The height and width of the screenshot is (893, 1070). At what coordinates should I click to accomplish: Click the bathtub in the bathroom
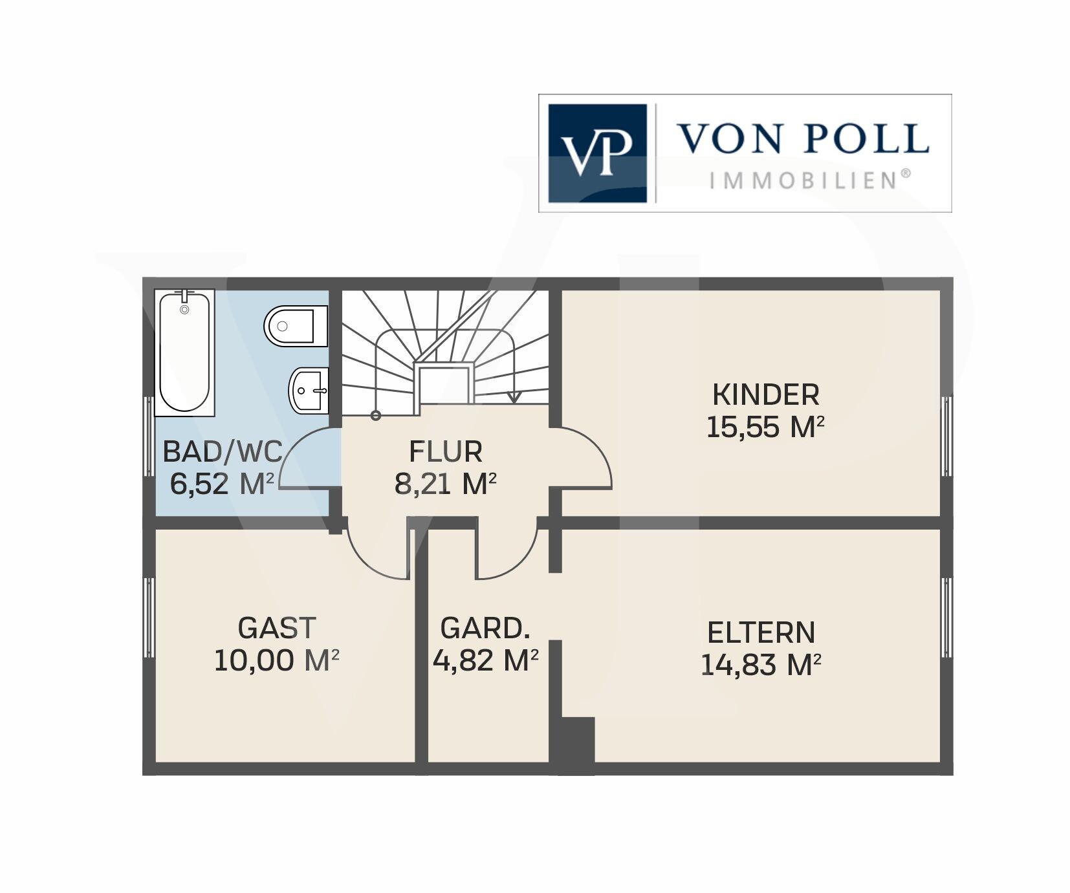(x=184, y=352)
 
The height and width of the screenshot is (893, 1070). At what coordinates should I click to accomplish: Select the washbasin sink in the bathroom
(x=309, y=390)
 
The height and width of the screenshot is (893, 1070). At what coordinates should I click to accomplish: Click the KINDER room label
(x=765, y=394)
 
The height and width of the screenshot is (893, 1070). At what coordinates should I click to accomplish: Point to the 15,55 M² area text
(x=765, y=427)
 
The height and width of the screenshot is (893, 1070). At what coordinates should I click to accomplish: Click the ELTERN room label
(x=761, y=632)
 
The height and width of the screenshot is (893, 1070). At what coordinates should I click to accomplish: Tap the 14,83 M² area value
(x=761, y=665)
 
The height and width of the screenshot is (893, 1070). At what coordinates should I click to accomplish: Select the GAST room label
(x=277, y=628)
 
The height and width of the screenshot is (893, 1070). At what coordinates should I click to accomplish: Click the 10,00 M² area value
(x=277, y=660)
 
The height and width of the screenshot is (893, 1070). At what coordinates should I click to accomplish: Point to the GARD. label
(x=485, y=628)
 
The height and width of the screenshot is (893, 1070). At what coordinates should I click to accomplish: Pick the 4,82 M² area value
(x=485, y=660)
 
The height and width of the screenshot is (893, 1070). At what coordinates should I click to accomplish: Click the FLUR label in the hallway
(x=446, y=451)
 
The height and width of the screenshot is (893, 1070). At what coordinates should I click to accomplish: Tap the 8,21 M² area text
(x=446, y=483)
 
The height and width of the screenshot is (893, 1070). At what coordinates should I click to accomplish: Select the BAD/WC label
(x=223, y=451)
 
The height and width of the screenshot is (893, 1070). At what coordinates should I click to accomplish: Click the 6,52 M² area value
(x=223, y=483)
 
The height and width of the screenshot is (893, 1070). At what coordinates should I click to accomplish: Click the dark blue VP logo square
(x=598, y=153)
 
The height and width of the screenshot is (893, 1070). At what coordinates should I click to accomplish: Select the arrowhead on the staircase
(x=514, y=397)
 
